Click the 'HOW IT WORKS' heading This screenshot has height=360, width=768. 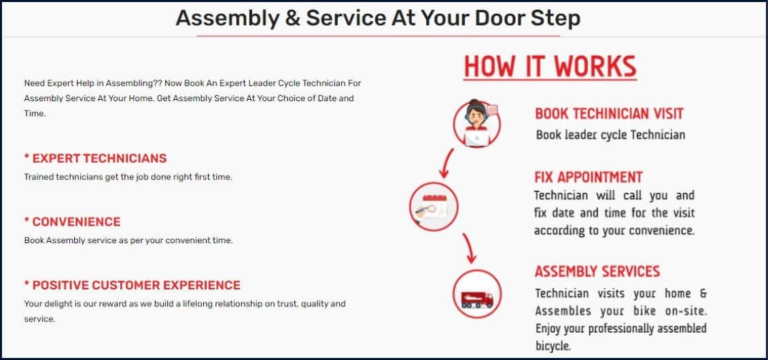point(550,67)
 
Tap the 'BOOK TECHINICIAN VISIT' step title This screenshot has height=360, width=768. point(609,113)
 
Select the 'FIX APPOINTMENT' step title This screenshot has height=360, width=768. point(589,177)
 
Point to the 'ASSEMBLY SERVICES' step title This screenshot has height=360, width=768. point(597,271)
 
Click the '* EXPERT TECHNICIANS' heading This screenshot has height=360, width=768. point(96,158)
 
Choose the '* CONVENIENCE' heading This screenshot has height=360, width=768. point(72,222)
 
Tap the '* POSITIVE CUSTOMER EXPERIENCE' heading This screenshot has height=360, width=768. point(133,285)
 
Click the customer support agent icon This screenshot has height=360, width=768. point(476,124)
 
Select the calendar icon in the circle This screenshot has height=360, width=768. point(434,206)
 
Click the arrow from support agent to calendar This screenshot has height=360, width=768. point(447,164)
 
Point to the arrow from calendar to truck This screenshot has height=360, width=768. point(469,248)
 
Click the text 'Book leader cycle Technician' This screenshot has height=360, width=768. point(610,134)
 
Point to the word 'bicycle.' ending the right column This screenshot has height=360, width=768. point(553,346)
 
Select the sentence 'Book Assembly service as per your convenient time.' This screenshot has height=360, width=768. point(128,240)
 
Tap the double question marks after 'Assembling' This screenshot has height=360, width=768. point(158,84)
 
